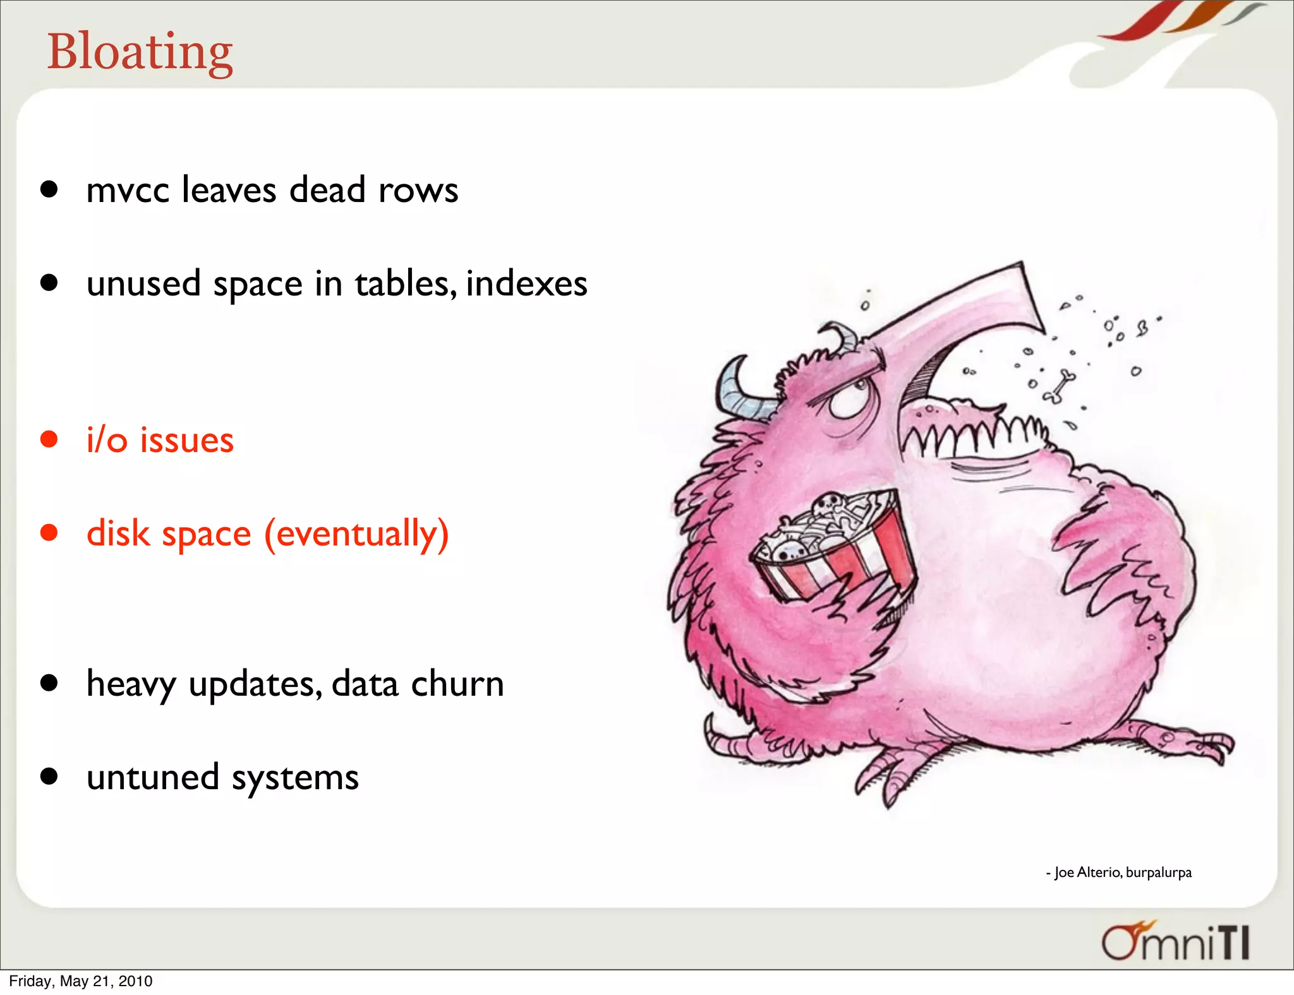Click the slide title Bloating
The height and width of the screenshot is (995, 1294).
pos(140,52)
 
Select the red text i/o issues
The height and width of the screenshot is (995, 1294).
pos(160,440)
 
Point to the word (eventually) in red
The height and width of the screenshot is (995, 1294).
pos(356,534)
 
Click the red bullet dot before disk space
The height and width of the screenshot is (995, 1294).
pos(49,533)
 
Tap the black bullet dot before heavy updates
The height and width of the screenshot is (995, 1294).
pos(49,683)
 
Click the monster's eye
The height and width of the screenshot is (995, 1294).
pos(850,398)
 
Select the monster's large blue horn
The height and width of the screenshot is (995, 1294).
pos(739,391)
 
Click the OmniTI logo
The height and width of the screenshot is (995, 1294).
pos(1175,942)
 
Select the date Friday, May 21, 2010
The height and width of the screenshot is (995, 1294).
pos(81,981)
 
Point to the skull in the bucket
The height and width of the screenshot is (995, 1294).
pos(825,505)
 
